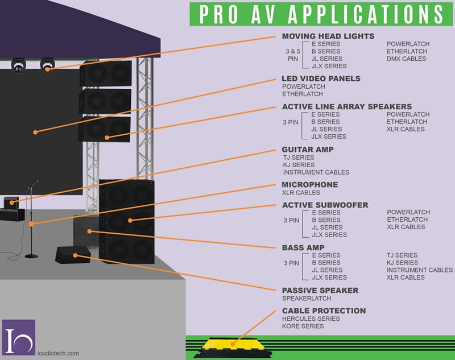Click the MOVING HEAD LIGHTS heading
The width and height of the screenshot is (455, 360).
pyautogui.click(x=328, y=36)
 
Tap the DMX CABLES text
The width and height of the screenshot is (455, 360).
pyautogui.click(x=406, y=59)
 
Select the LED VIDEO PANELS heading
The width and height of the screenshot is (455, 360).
pyautogui.click(x=321, y=79)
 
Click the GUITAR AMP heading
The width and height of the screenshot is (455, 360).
pyautogui.click(x=308, y=150)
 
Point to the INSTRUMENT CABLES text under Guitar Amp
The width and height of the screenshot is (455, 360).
pyautogui.click(x=316, y=172)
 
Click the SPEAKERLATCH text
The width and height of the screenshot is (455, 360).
pyautogui.click(x=307, y=299)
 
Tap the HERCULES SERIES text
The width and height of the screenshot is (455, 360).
pyautogui.click(x=311, y=319)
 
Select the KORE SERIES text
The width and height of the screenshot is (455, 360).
pyautogui.click(x=303, y=326)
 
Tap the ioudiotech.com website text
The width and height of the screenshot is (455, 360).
pyautogui.click(x=56, y=353)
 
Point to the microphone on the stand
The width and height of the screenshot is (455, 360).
pyautogui.click(x=34, y=183)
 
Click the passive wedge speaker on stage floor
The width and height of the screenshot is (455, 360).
pyautogui.click(x=73, y=254)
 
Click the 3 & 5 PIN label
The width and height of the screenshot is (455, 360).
pyautogui.click(x=292, y=55)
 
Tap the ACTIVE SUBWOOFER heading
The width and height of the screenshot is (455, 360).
pyautogui.click(x=325, y=205)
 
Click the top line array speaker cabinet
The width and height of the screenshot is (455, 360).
pyautogui.click(x=106, y=73)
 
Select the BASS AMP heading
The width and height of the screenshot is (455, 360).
pyautogui.click(x=303, y=248)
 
